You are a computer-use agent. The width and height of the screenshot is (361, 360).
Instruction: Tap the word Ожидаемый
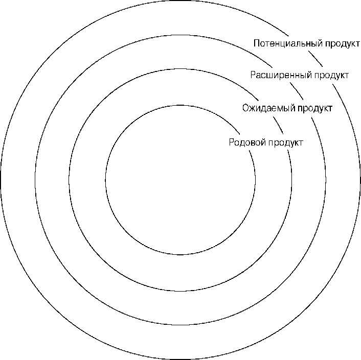(x=268, y=108)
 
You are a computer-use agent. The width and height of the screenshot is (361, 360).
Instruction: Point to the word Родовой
(x=247, y=142)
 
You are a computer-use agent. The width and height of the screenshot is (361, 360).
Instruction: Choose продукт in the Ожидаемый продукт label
(x=315, y=108)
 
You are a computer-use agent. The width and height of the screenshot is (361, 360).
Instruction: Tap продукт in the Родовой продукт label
(x=285, y=143)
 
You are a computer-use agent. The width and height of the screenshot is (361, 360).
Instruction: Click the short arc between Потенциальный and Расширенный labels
(x=315, y=59)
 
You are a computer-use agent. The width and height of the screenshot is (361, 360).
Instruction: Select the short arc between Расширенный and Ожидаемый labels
(x=297, y=90)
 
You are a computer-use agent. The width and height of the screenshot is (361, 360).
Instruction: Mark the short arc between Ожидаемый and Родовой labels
(x=278, y=125)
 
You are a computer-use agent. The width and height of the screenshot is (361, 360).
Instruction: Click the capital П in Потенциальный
(x=257, y=43)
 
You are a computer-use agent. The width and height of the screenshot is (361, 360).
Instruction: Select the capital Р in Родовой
(x=232, y=142)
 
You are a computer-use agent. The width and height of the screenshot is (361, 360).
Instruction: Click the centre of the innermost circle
(x=180, y=180)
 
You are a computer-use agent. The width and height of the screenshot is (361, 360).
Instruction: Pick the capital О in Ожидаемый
(x=246, y=108)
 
